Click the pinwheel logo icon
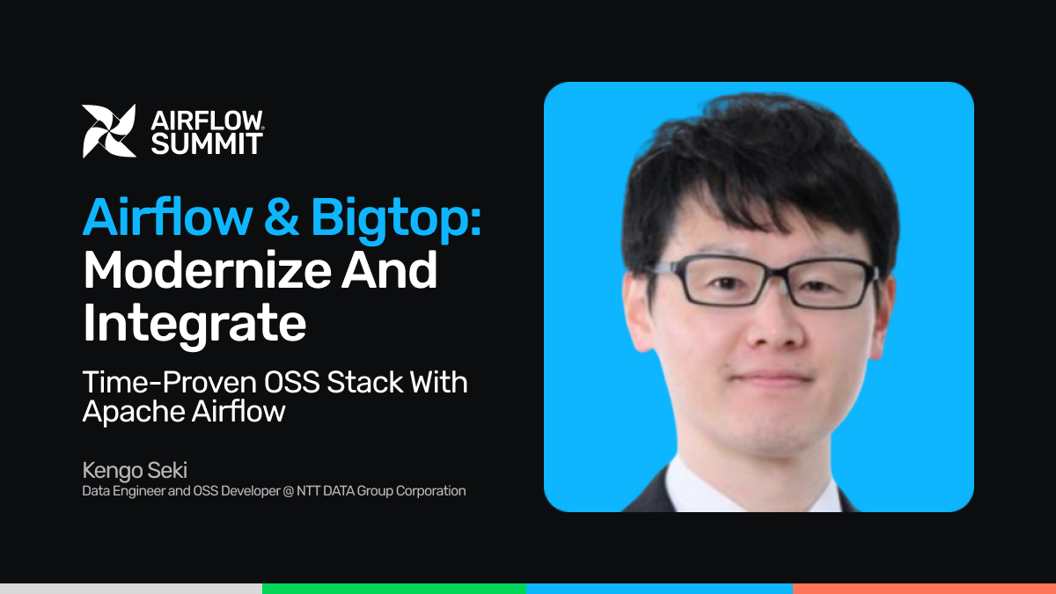(x=109, y=131)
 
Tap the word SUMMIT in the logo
(x=207, y=143)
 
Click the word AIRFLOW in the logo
(x=207, y=121)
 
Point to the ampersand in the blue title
(x=282, y=217)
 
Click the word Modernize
(x=208, y=270)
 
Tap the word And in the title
(x=389, y=270)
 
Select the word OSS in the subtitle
(x=292, y=382)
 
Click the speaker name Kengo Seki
(x=135, y=471)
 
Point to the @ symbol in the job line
(x=289, y=491)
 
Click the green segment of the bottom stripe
(x=394, y=589)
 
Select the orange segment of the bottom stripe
(x=925, y=589)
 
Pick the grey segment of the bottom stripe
(x=131, y=589)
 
